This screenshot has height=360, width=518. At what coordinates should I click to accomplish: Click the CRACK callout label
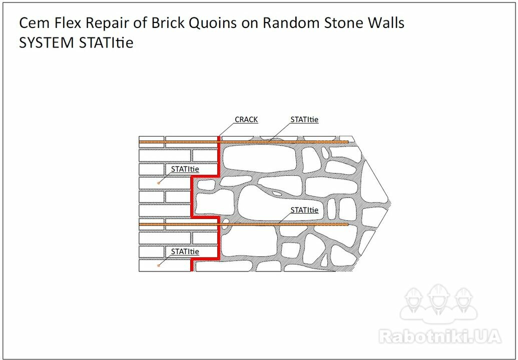pyautogui.click(x=246, y=119)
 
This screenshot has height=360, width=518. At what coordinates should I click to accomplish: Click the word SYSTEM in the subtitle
pyautogui.click(x=46, y=42)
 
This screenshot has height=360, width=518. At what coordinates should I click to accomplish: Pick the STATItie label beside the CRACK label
pyautogui.click(x=304, y=119)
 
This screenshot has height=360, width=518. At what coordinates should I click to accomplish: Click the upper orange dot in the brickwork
pyautogui.click(x=159, y=182)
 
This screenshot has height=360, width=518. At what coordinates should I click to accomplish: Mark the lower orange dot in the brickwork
pyautogui.click(x=159, y=265)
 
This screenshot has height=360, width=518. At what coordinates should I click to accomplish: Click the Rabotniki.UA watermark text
pyautogui.click(x=440, y=336)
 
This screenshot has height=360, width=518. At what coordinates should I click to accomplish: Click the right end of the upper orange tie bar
pyautogui.click(x=348, y=142)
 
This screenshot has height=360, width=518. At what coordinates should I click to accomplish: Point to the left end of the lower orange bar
pyautogui.click(x=140, y=224)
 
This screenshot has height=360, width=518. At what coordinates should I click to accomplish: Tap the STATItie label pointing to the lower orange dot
pyautogui.click(x=185, y=251)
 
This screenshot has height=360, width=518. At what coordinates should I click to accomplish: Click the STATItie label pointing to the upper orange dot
pyautogui.click(x=185, y=169)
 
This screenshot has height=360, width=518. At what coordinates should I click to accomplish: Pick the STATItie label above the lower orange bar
pyautogui.click(x=304, y=210)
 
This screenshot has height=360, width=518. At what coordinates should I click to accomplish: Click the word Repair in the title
pyautogui.click(x=107, y=23)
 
